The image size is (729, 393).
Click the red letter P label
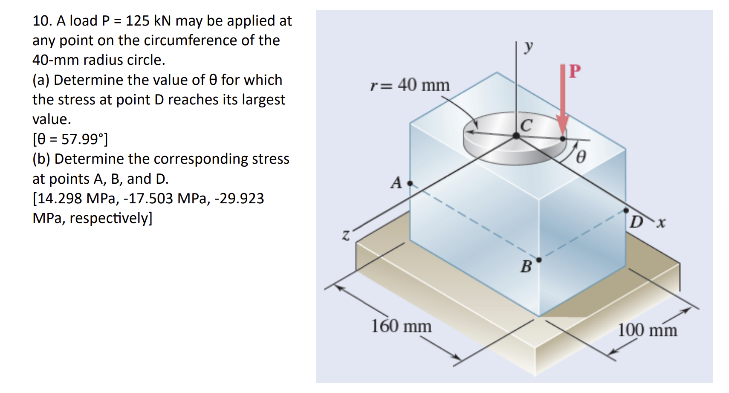coord(575,71)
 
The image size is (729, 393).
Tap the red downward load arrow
coord(563,101)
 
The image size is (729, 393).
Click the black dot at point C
coord(516,136)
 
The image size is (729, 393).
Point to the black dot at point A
coord(410,183)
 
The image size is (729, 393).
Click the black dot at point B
coord(539,260)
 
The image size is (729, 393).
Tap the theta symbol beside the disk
coord(581,157)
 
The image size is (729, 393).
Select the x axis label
coord(661,223)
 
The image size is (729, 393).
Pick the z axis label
coord(346,235)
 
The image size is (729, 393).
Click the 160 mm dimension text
coord(401,326)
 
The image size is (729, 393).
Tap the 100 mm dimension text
coord(647,330)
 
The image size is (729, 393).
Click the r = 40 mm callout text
coord(410,85)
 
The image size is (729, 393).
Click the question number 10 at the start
coord(42,21)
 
